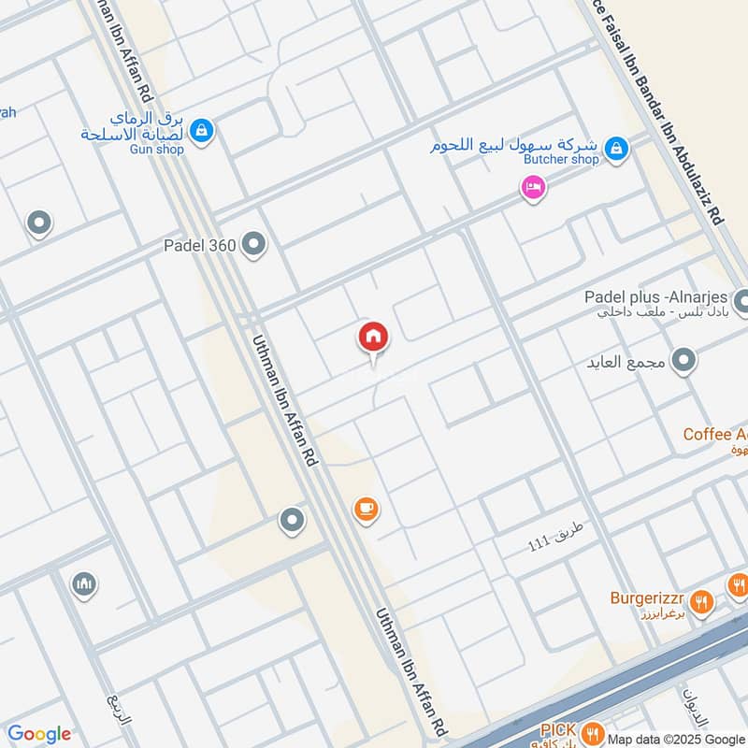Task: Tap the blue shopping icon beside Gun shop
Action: tap(202, 131)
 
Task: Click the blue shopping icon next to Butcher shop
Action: tap(615, 147)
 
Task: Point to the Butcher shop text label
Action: tap(559, 160)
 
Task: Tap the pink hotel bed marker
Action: tap(533, 188)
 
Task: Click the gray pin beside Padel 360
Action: tap(253, 245)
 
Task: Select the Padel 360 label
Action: tap(199, 246)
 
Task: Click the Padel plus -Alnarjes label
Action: tap(654, 296)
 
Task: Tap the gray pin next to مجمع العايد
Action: tap(685, 361)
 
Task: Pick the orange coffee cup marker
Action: tap(366, 509)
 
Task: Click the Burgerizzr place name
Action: tap(649, 598)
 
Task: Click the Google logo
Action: tap(38, 734)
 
